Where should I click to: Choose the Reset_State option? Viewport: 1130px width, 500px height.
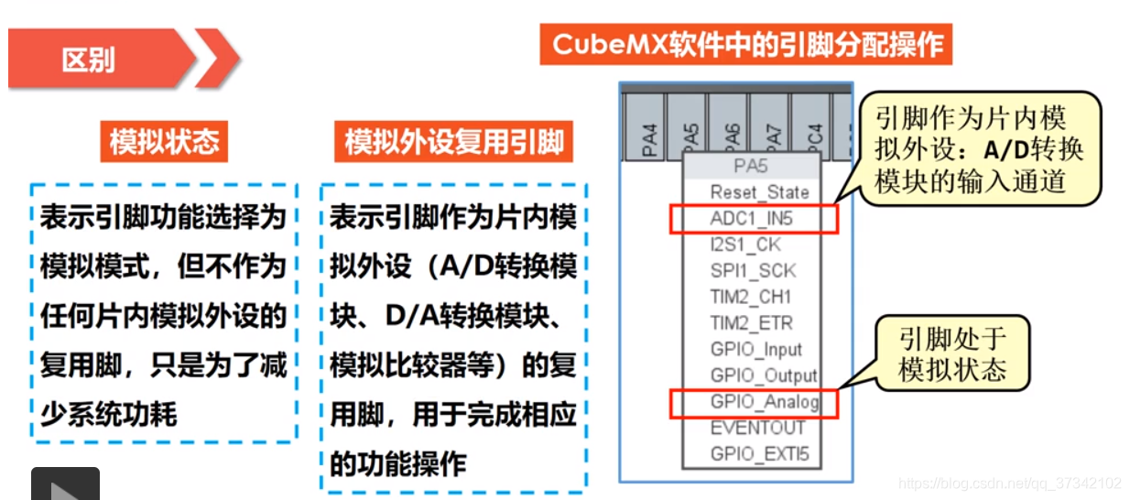(x=759, y=192)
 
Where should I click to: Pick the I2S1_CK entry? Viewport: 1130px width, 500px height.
(x=745, y=245)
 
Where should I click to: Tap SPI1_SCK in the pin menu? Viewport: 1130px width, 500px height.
(x=753, y=271)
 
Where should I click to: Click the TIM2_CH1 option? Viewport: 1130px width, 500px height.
(x=751, y=298)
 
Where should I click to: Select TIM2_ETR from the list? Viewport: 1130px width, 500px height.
(x=751, y=323)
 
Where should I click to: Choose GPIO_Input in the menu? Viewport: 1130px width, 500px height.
(x=756, y=350)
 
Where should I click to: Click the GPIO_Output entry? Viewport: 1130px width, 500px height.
(x=764, y=375)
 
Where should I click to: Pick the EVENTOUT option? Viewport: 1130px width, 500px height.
(x=757, y=428)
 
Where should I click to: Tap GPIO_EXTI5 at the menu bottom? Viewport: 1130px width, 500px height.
(x=759, y=454)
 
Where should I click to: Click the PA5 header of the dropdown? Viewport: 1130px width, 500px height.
(x=750, y=167)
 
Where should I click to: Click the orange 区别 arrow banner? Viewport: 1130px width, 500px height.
(x=101, y=60)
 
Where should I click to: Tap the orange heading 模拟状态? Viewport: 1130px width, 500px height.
(x=164, y=142)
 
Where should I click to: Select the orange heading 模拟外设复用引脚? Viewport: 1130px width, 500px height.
(x=453, y=142)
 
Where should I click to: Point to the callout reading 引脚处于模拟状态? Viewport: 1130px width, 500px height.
(x=952, y=354)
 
